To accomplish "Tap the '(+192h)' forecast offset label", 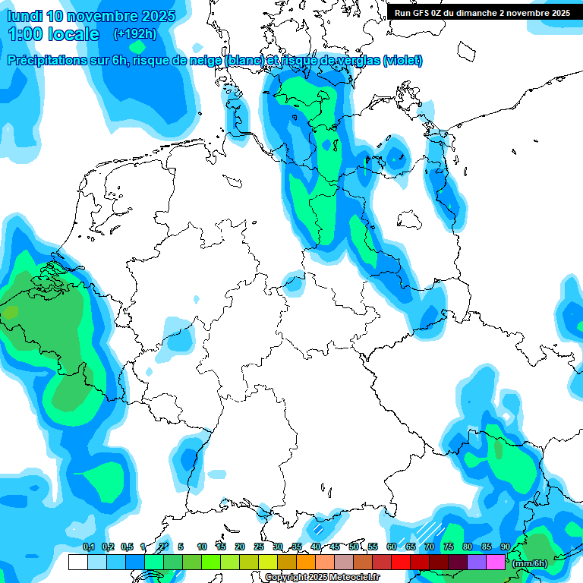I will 135,33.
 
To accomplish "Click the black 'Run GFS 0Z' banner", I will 483,12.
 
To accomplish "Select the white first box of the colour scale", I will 77,563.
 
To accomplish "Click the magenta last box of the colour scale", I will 496,563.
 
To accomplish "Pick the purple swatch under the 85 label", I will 477,563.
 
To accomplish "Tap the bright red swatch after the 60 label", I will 401,563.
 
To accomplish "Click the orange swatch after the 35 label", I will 306,563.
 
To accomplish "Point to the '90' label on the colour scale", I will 506,547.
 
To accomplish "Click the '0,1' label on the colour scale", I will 89,547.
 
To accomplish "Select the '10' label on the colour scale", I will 202,547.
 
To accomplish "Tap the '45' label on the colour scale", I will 335,547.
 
